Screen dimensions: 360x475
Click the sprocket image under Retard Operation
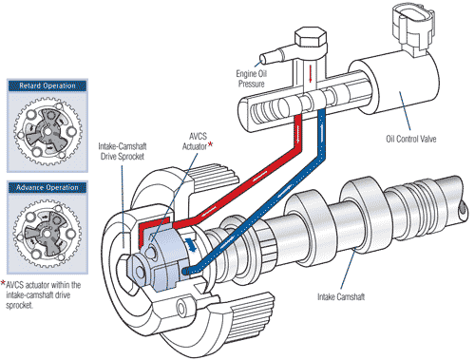point(48,131)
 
